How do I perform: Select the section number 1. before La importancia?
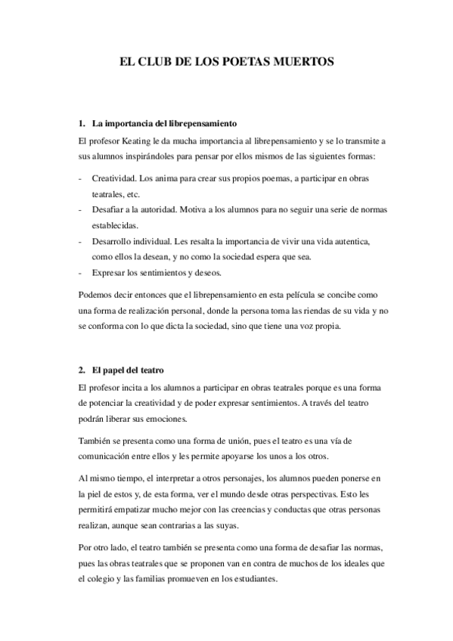82,123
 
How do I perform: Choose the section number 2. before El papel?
82,370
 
